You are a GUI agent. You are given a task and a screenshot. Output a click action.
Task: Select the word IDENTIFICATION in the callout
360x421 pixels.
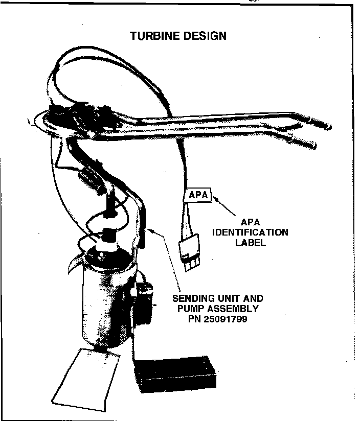point(251,232)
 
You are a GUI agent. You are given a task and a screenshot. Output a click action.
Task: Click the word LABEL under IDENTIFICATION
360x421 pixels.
point(251,242)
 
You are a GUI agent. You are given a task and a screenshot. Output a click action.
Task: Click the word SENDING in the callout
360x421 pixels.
point(192,299)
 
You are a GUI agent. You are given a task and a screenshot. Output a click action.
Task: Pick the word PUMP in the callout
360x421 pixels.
point(189,309)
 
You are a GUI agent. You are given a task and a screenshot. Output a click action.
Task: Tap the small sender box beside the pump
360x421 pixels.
point(145,301)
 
